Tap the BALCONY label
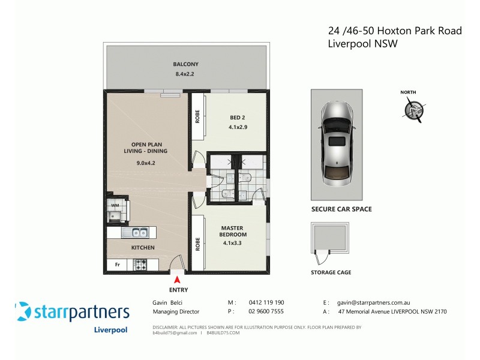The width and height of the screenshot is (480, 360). click(185, 64)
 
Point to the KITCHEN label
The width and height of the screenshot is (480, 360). click(143, 247)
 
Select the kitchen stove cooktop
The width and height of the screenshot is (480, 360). click(140, 265)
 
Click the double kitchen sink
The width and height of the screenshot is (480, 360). click(136, 233)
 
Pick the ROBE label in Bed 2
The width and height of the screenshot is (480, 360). click(197, 116)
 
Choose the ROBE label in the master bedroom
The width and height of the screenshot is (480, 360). click(197, 244)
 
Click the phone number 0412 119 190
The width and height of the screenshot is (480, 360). click(266, 303)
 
